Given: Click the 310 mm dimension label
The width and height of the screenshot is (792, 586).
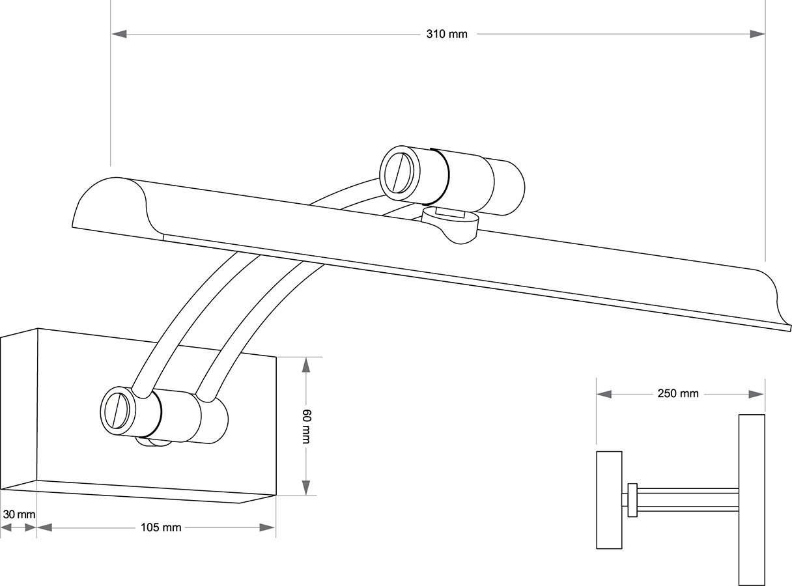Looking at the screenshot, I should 447,35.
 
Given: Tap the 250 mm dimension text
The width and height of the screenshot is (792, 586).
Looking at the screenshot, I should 677,394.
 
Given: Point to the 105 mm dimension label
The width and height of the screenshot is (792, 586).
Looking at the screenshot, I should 161,527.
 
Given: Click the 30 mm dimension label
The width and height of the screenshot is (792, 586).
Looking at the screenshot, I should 18,514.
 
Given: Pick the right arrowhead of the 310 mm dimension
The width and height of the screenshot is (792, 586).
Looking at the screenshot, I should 757,34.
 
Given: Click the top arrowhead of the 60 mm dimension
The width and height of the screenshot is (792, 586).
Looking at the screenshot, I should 306,364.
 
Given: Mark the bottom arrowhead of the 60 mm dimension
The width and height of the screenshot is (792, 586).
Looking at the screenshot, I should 306,488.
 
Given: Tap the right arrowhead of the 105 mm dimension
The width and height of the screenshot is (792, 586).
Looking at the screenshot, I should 268,527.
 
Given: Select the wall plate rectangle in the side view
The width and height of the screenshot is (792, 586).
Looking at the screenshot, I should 609,499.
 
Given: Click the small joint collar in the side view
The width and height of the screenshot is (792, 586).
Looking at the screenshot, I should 632,500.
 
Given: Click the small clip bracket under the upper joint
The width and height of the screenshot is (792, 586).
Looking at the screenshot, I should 451,225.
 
